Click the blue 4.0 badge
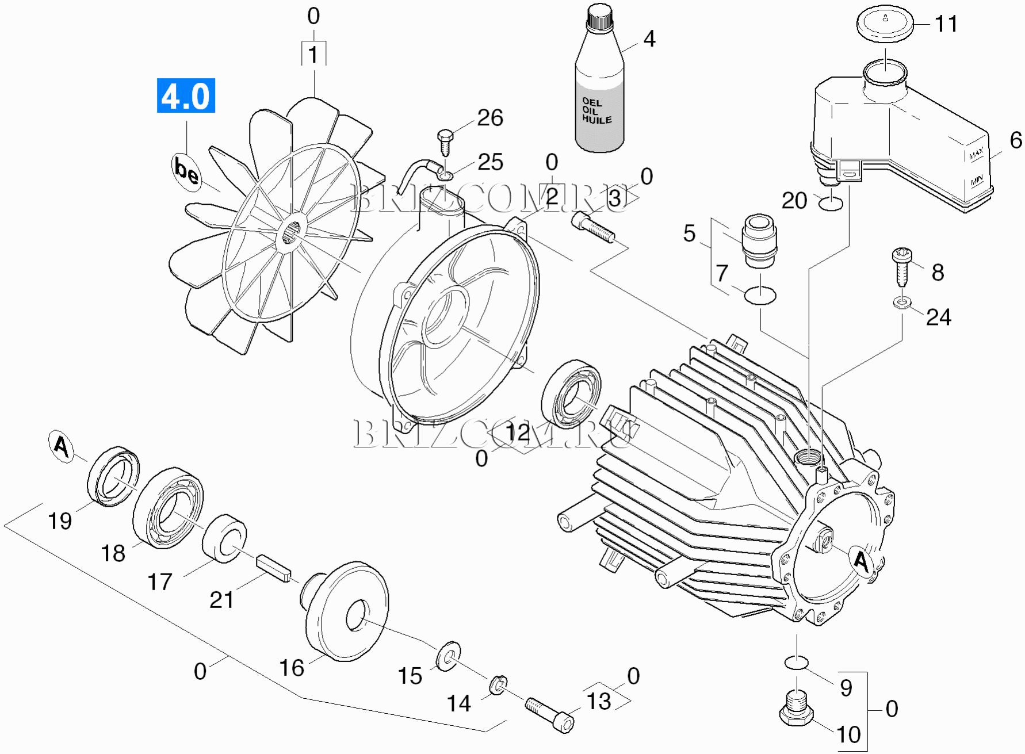coord(186,95)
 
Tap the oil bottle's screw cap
coord(599,17)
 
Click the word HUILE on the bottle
coord(596,119)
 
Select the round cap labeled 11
coord(885,24)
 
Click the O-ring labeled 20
coord(830,203)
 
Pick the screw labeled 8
coord(901,266)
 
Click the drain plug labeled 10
coord(797,710)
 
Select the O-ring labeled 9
coord(797,663)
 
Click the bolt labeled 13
coord(549,714)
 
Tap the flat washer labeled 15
coord(448,656)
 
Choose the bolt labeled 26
coord(445,143)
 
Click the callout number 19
coord(60,521)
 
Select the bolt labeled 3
coord(593,227)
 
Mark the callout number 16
coord(292,668)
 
